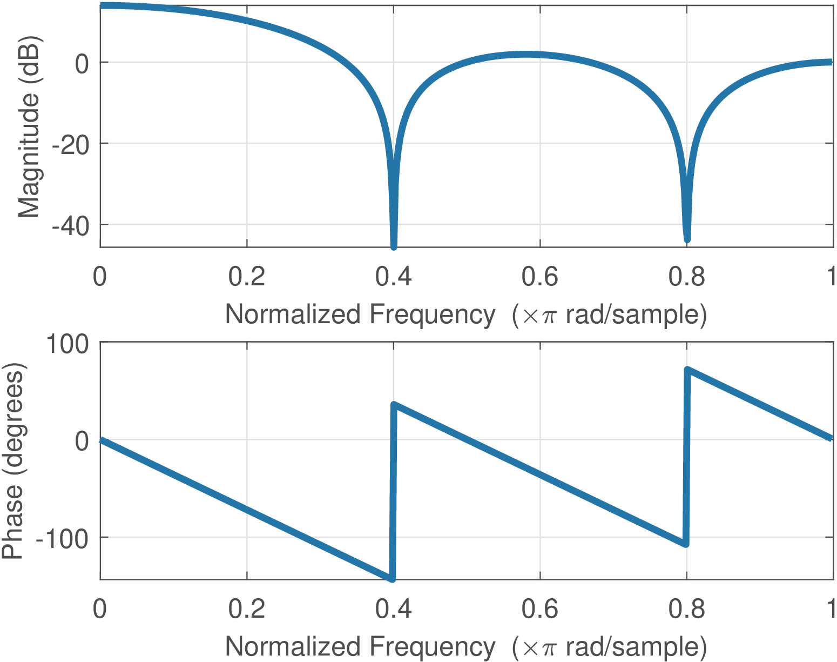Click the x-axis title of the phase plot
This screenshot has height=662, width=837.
tap(466, 647)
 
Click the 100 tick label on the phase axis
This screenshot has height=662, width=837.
tap(67, 344)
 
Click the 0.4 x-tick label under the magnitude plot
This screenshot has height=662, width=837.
tap(393, 277)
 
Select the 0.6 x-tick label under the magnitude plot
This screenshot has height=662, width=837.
tap(539, 277)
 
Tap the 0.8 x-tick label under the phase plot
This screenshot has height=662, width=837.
tap(686, 609)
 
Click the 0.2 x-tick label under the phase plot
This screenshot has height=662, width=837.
tap(246, 609)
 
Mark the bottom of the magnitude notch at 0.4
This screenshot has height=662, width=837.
tap(394, 246)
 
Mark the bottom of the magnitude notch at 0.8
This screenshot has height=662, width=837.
tap(687, 239)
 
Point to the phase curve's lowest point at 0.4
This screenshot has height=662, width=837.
tap(392, 579)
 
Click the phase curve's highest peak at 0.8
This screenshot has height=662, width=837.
tap(687, 370)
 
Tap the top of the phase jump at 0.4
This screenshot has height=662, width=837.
tap(394, 404)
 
